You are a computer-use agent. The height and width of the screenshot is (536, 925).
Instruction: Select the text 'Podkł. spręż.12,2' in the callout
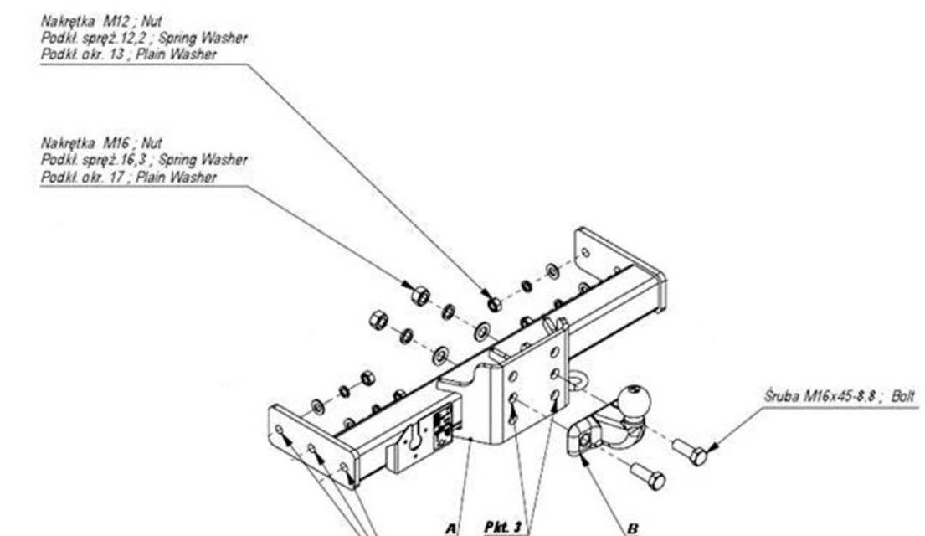(93, 39)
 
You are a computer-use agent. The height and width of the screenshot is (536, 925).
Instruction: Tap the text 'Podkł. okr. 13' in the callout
(82, 55)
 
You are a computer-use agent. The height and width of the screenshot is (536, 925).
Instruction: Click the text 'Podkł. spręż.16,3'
(93, 160)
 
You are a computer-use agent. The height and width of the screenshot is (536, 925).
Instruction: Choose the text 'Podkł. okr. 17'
(82, 177)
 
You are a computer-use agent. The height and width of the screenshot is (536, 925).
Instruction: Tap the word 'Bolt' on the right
(903, 395)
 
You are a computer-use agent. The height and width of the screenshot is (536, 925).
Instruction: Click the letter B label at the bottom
(632, 528)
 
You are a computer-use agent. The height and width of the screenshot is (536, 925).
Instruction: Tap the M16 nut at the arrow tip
(419, 295)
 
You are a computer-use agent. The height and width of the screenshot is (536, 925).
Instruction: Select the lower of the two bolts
(648, 476)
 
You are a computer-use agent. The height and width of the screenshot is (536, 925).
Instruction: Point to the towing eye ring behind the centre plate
(577, 381)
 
